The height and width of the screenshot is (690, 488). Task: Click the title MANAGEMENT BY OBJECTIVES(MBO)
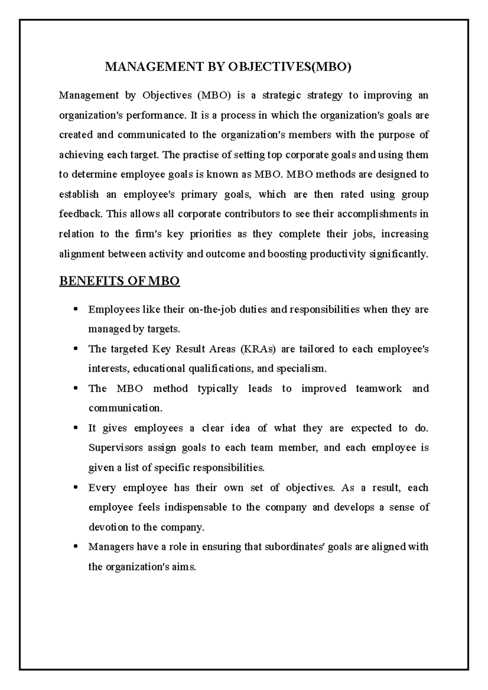pyautogui.click(x=228, y=67)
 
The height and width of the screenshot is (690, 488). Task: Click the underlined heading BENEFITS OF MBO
pyautogui.click(x=119, y=281)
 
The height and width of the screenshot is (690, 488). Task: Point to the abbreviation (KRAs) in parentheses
pyautogui.click(x=258, y=349)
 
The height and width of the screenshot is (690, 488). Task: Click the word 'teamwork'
pyautogui.click(x=378, y=389)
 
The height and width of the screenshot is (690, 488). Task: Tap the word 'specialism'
pyautogui.click(x=301, y=369)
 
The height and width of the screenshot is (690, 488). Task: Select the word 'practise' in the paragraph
pyautogui.click(x=200, y=155)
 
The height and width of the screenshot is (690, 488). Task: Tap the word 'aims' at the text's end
pyautogui.click(x=185, y=567)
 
